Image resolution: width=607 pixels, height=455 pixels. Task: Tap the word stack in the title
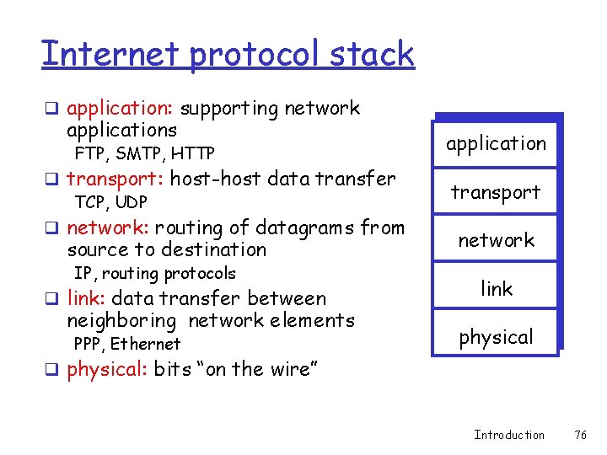(373, 53)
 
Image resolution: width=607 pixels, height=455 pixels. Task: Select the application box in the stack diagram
(496, 143)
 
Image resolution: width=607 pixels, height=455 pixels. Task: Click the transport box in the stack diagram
(496, 192)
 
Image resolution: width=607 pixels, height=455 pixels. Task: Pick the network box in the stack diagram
(496, 240)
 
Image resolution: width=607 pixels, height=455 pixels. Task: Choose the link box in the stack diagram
(496, 289)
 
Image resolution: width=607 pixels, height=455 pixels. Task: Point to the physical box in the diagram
(496, 337)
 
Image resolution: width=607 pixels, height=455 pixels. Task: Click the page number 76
(579, 435)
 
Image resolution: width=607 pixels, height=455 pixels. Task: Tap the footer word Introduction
(509, 435)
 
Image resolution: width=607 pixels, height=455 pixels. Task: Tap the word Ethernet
(145, 344)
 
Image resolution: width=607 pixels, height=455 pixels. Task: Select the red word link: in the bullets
(87, 298)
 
